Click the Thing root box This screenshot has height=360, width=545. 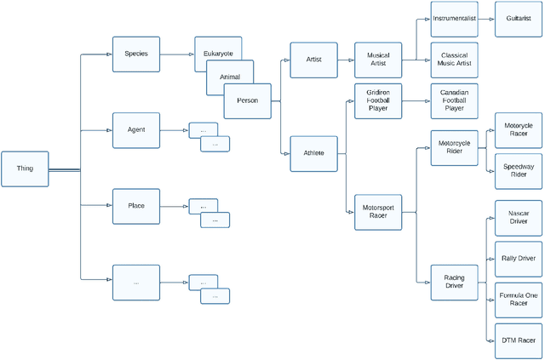pos(25,169)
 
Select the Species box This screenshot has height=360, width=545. pos(135,54)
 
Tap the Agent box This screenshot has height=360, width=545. pos(135,129)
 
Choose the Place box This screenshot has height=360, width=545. pos(135,206)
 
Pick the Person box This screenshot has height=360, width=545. pos(247,100)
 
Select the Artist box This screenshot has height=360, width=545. pos(313,60)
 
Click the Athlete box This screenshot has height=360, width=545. pos(313,153)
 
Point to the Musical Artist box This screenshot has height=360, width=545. pos(378,60)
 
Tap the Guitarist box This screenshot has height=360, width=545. pos(519,18)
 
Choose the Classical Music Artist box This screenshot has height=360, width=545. pos(454,60)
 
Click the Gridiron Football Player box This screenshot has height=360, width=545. pos(378,101)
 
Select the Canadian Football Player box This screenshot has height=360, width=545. pos(454,101)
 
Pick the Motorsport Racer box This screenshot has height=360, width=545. pos(378,211)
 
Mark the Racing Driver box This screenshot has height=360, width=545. pos(454,282)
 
